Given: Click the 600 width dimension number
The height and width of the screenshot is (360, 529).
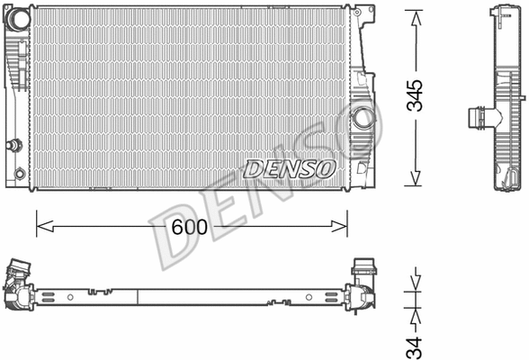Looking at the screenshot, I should [x=190, y=229].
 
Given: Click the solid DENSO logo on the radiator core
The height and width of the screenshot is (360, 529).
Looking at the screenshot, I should [x=290, y=168].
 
